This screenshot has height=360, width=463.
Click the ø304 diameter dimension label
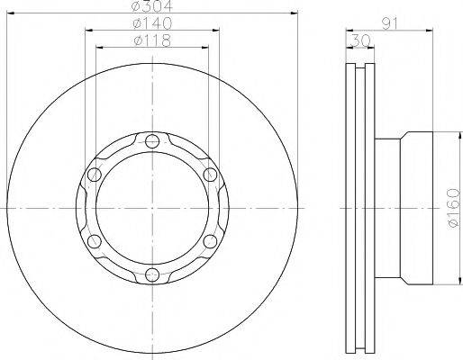pyautogui.click(x=152, y=6)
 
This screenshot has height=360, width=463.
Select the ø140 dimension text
pyautogui.click(x=152, y=23)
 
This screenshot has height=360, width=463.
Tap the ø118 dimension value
pyautogui.click(x=152, y=40)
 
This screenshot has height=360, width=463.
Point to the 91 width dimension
pyautogui.click(x=389, y=23)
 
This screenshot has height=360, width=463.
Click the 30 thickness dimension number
pyautogui.click(x=361, y=40)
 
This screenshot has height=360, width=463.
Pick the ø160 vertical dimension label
pyautogui.click(x=453, y=208)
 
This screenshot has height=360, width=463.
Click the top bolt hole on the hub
pyautogui.click(x=152, y=141)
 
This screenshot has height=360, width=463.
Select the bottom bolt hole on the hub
pyautogui.click(x=152, y=274)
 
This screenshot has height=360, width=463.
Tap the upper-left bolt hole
pyautogui.click(x=95, y=175)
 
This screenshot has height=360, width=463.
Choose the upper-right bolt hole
pyautogui.click(x=210, y=175)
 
